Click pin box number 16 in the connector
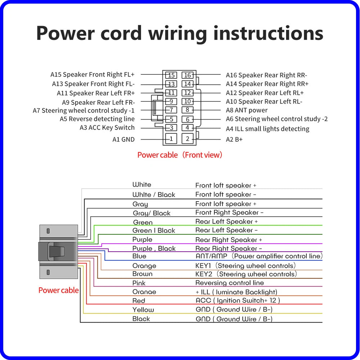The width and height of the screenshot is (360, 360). (x=187, y=75)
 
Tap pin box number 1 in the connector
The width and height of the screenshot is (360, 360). (x=171, y=139)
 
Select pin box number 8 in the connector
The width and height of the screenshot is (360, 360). (x=187, y=110)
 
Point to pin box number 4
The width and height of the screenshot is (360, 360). (x=187, y=128)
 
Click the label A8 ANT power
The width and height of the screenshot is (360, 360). (x=247, y=110)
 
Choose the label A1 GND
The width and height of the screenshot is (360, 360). (x=123, y=139)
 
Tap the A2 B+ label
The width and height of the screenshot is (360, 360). (x=234, y=139)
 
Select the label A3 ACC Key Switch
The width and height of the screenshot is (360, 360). (x=107, y=128)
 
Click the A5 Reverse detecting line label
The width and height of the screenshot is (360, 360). (x=97, y=119)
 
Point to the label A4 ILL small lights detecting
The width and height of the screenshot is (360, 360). (x=267, y=129)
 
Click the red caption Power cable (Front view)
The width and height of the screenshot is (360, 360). (x=180, y=155)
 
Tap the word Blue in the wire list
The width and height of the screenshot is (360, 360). (x=139, y=256)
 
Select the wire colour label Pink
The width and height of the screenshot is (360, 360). (x=139, y=283)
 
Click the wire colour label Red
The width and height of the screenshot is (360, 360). (x=139, y=301)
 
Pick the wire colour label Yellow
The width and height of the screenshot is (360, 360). (x=143, y=310)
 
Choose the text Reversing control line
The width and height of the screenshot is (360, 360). (x=229, y=283)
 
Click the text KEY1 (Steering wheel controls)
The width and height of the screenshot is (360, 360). (x=246, y=266)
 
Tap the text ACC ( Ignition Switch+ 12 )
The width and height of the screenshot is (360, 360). (x=238, y=300)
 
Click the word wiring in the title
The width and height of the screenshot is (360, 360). (x=178, y=33)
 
